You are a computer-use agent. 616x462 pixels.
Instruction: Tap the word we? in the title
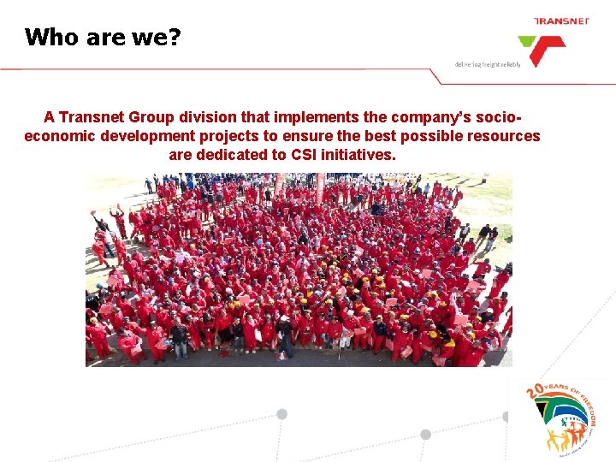coord(157,37)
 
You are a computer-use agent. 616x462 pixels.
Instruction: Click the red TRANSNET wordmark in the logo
coord(560,21)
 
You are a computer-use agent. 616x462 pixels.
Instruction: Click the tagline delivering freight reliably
coord(488,64)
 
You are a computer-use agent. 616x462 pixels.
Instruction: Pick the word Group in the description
coord(159,117)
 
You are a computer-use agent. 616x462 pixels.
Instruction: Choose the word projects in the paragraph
coord(234,136)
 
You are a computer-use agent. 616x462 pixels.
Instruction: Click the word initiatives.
coord(360,155)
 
